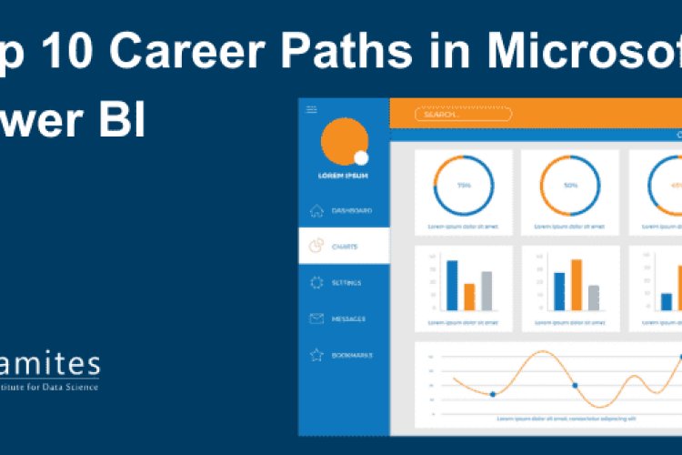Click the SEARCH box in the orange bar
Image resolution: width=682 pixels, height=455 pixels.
pos(463,115)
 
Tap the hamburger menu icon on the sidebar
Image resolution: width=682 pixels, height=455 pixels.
pos(312,109)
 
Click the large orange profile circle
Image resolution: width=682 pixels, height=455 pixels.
pos(343,141)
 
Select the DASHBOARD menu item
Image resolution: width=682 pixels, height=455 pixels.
pos(350,210)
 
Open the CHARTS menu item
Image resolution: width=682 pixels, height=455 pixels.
pos(344,246)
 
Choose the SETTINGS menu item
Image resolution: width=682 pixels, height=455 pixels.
pos(346,282)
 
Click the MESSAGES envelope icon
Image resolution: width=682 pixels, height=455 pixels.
pos(316,318)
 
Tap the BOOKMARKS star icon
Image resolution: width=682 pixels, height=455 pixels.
pos(316,355)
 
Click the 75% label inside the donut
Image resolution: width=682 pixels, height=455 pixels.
pos(464,186)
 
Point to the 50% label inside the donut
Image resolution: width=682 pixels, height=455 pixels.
pos(570,186)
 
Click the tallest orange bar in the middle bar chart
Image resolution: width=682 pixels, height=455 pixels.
pos(577,285)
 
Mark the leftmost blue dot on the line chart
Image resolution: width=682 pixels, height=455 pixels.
pos(493,394)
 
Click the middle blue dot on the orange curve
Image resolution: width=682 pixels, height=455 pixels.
pos(575,386)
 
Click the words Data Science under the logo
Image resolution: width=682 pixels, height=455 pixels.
pos(74,388)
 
